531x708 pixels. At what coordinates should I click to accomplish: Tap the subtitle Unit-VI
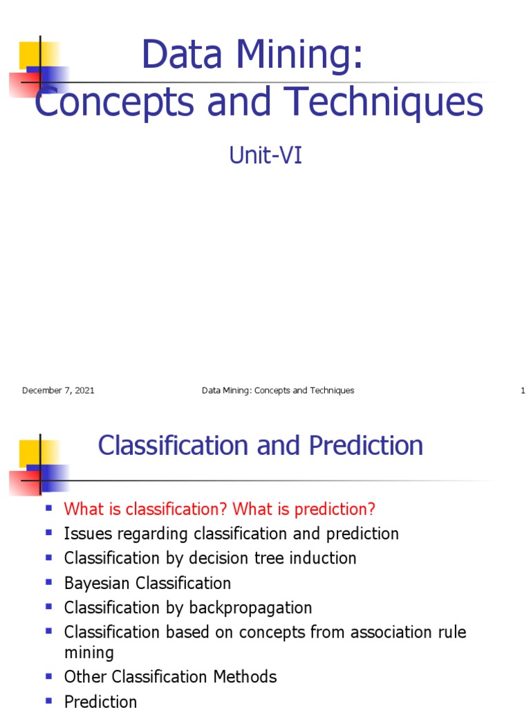tap(265, 156)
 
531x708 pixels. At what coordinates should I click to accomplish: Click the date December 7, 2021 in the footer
tap(58, 391)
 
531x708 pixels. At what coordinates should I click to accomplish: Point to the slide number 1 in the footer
tap(523, 391)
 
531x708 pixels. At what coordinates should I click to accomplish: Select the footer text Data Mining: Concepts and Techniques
tap(278, 391)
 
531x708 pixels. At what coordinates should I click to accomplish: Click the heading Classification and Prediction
tap(260, 446)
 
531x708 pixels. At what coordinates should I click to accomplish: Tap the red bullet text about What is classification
tap(219, 510)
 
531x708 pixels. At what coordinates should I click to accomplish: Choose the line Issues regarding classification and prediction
tap(231, 534)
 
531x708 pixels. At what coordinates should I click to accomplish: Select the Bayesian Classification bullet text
tap(147, 583)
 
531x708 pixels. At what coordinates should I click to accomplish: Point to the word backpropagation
tap(258, 608)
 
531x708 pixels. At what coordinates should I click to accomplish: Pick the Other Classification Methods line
tap(170, 677)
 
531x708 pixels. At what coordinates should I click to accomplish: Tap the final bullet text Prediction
tap(100, 701)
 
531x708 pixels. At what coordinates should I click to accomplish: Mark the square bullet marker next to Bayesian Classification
tap(49, 582)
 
